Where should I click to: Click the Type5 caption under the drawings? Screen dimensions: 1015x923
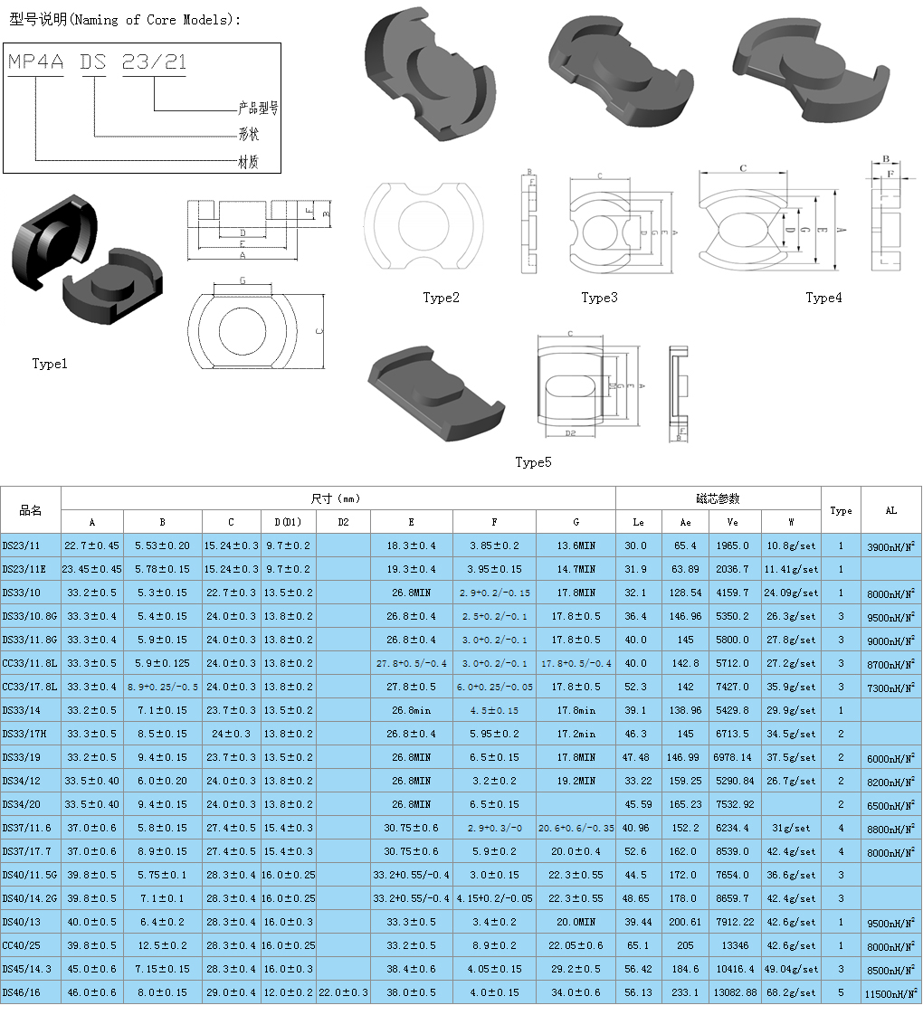point(533,462)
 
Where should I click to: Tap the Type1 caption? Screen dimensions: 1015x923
point(50,364)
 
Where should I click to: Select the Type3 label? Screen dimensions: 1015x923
point(599,298)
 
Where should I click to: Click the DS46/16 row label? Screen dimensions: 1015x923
point(22,992)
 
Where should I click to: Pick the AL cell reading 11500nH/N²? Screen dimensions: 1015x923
point(890,992)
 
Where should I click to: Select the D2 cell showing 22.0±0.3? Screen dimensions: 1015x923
point(343,992)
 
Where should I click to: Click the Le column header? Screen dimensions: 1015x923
point(638,522)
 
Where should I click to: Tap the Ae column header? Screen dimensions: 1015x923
point(684,522)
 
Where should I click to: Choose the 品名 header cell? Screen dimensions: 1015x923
point(31,510)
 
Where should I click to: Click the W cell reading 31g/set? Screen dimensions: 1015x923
point(791,828)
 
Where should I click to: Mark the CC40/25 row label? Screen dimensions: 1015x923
point(22,945)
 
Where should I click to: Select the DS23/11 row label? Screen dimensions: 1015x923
point(22,545)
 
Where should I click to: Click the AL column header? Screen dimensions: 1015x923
point(890,510)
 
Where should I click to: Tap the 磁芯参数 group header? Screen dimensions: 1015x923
point(718,498)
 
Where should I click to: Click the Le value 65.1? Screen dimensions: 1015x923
point(638,945)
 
